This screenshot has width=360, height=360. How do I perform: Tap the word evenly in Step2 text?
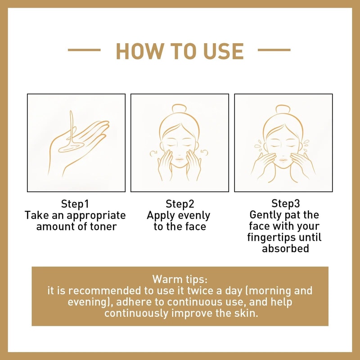(192, 215)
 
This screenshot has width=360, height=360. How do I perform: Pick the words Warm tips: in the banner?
(180, 278)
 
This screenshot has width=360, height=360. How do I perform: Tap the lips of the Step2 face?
(180, 158)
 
